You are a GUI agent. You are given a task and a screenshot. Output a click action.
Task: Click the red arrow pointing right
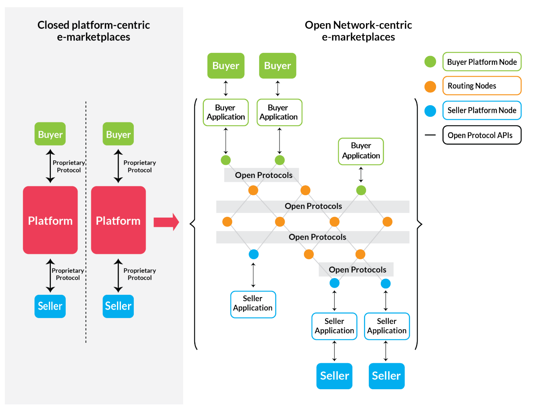pos(166,222)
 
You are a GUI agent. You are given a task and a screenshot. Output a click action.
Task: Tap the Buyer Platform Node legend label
pos(482,62)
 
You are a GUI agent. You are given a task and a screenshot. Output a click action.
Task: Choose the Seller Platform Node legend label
pos(482,110)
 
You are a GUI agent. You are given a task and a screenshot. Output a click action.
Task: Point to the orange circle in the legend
pos(430,86)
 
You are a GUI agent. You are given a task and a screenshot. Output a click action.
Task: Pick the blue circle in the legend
pos(430,111)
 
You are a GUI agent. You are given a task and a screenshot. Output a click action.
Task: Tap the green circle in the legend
pos(430,62)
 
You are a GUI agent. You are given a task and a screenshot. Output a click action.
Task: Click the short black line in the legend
pos(430,135)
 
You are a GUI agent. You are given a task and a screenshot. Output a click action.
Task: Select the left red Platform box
pos(50,220)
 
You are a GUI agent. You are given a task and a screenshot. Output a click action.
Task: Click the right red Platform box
pos(119,220)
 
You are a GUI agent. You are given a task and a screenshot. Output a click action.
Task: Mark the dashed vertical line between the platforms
pos(86,222)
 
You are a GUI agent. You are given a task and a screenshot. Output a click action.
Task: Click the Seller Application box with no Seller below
pos(253,304)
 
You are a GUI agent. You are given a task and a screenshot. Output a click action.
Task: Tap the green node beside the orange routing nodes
pos(361,190)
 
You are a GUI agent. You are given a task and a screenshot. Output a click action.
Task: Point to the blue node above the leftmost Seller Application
pos(253,254)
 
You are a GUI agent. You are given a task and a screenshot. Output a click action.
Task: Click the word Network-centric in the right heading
pos(372,25)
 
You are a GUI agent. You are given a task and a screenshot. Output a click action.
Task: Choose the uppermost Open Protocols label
pos(264,175)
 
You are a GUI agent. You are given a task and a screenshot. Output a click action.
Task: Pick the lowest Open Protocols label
pos(357,270)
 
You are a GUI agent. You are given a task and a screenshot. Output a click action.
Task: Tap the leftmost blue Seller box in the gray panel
pos(50,306)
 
